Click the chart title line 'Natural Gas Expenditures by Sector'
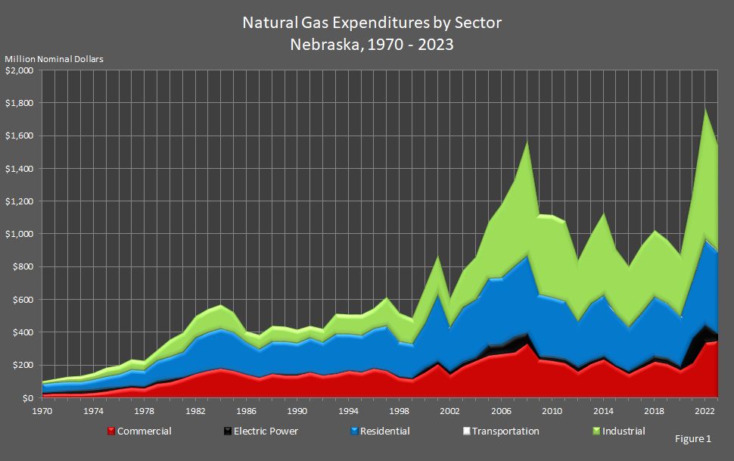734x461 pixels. tap(372, 23)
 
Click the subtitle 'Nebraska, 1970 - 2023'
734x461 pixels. tap(372, 44)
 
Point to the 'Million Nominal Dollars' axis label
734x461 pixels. tap(54, 59)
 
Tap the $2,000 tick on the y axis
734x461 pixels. tap(20, 70)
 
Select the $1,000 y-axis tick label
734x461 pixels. tap(20, 234)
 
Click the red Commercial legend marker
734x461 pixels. tap(111, 431)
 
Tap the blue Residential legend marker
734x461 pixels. tap(353, 431)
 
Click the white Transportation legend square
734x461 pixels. tap(466, 431)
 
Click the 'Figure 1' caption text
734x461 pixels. tap(693, 438)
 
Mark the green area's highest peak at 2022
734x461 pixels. tap(705, 108)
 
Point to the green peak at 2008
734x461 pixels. tap(527, 142)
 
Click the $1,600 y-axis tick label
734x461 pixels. tap(20, 135)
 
